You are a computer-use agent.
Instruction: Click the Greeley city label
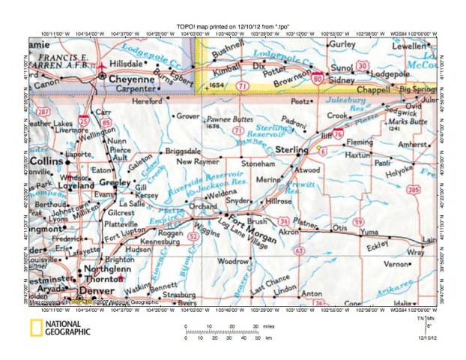tap(115, 182)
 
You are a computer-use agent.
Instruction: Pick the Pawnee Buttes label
tap(226, 119)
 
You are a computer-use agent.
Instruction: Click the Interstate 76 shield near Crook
tap(338, 133)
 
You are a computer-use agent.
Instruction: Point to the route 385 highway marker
tap(413, 189)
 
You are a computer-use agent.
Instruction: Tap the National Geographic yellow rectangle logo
tap(36, 328)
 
